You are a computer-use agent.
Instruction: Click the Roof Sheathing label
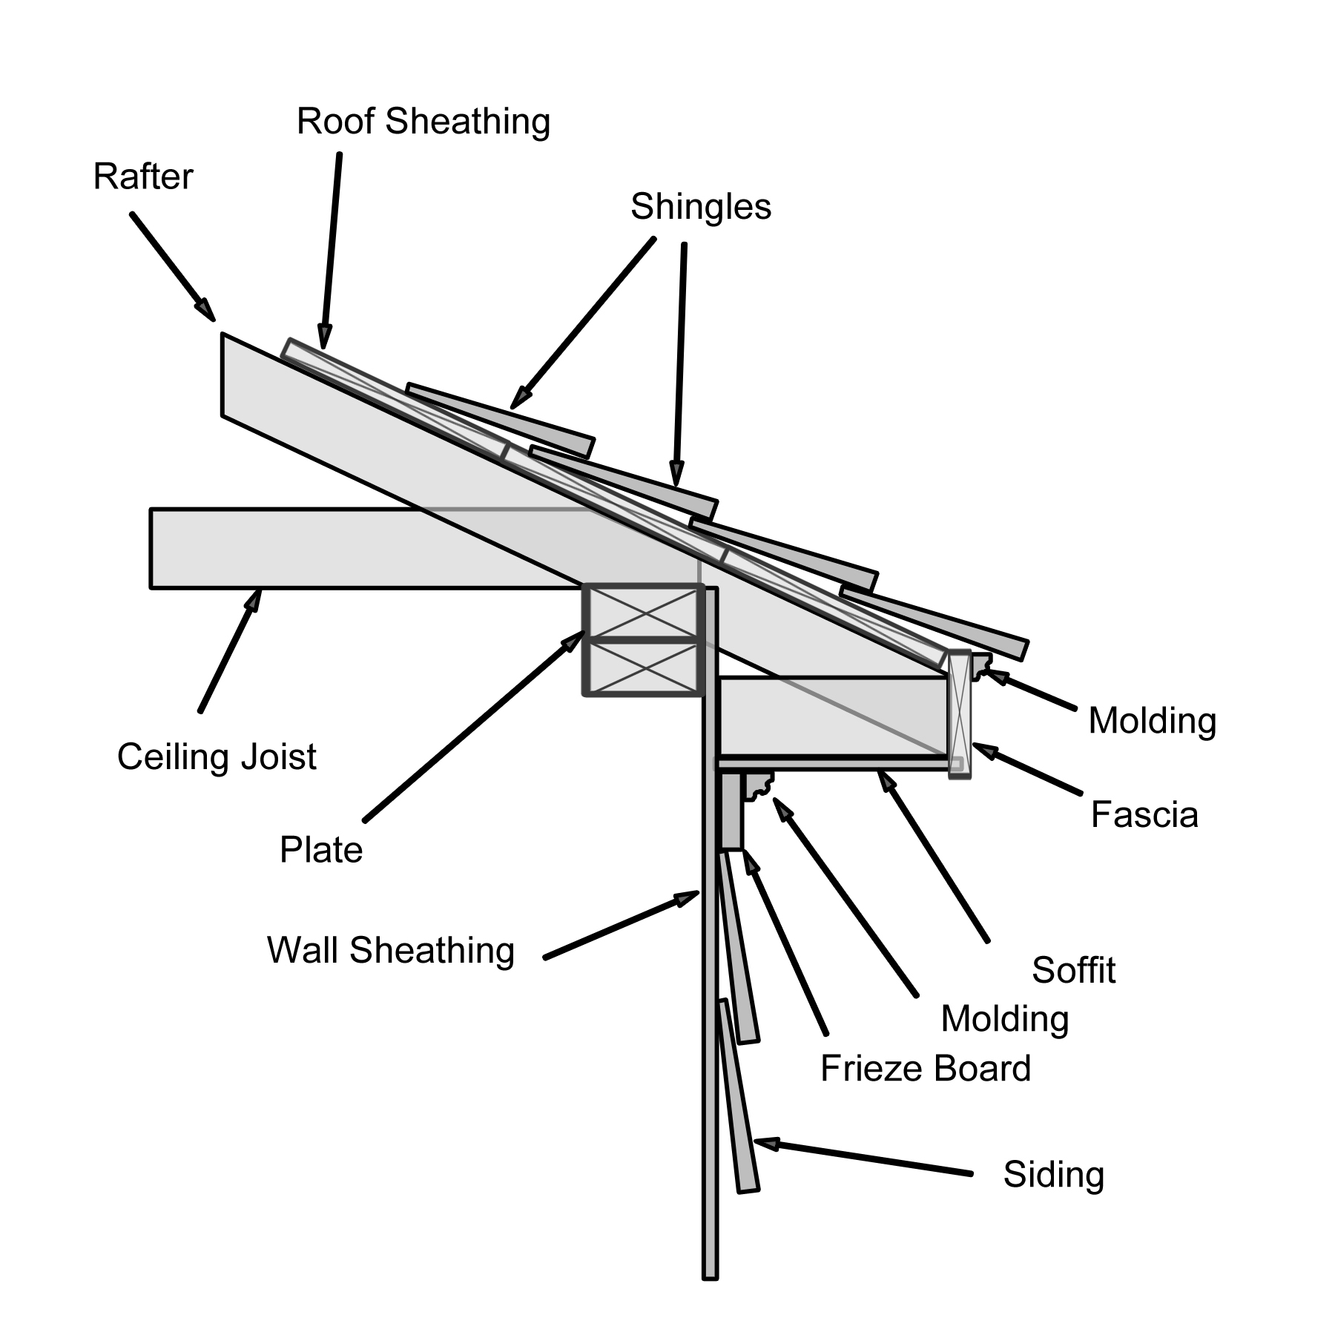[423, 122]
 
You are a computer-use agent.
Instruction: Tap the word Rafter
[142, 177]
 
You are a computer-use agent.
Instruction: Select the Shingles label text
[700, 207]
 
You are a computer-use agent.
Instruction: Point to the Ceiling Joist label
[217, 757]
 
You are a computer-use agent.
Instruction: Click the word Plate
[320, 850]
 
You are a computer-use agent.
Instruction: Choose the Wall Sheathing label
[390, 950]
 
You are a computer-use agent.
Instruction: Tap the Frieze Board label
[925, 1069]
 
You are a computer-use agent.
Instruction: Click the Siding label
[1053, 1175]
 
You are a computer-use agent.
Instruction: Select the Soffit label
[1073, 970]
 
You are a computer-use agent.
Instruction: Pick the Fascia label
[1144, 815]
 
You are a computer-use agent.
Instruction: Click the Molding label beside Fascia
[1152, 721]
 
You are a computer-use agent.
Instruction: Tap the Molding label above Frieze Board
[1004, 1019]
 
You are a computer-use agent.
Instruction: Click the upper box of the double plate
[643, 613]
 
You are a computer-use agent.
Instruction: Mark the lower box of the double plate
[643, 667]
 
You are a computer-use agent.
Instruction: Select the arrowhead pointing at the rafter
[205, 308]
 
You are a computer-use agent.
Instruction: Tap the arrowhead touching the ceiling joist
[254, 599]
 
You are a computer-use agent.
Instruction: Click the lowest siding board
[738, 1098]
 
